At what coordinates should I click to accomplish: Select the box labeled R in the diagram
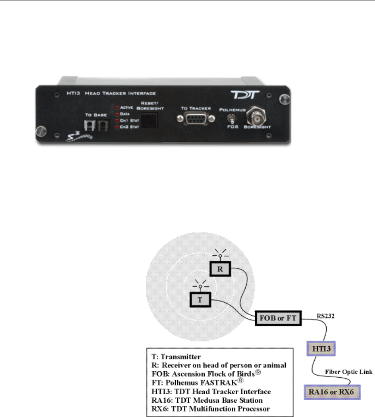tap(219, 270)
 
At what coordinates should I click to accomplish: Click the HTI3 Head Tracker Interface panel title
tap(119, 93)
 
